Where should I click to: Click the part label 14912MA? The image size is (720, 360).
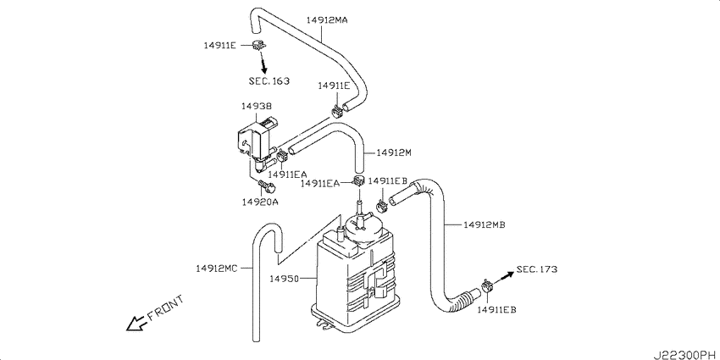pyautogui.click(x=327, y=20)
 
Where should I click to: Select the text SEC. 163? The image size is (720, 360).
pyautogui.click(x=269, y=81)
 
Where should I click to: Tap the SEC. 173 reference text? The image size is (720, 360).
pyautogui.click(x=537, y=269)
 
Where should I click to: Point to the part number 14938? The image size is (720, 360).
pyautogui.click(x=257, y=106)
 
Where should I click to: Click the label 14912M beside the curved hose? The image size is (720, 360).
pyautogui.click(x=394, y=152)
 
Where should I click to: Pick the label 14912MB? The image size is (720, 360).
pyautogui.click(x=485, y=224)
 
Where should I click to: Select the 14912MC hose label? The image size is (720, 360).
pyautogui.click(x=217, y=269)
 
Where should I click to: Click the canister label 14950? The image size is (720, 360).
pyautogui.click(x=285, y=279)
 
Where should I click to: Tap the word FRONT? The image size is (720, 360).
pyautogui.click(x=165, y=307)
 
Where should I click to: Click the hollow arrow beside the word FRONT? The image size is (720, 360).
pyautogui.click(x=136, y=324)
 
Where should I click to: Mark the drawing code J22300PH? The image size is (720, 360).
pyautogui.click(x=684, y=354)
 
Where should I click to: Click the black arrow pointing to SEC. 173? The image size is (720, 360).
pyautogui.click(x=504, y=277)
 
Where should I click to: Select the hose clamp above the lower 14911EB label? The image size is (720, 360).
pyautogui.click(x=487, y=287)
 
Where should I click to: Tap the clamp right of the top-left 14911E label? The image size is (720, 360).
pyautogui.click(x=259, y=45)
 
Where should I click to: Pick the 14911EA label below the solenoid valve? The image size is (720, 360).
pyautogui.click(x=288, y=174)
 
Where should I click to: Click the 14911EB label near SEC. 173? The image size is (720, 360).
pyautogui.click(x=497, y=310)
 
